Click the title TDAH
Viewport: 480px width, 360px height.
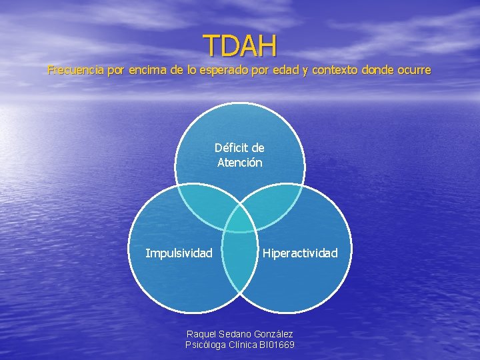click(x=240, y=45)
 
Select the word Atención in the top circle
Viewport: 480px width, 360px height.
click(x=240, y=162)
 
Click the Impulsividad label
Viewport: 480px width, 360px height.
click(x=179, y=253)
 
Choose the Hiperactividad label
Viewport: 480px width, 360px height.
click(x=300, y=253)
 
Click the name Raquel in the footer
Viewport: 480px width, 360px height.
click(x=202, y=333)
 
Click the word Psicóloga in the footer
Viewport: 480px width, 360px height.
click(x=207, y=345)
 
